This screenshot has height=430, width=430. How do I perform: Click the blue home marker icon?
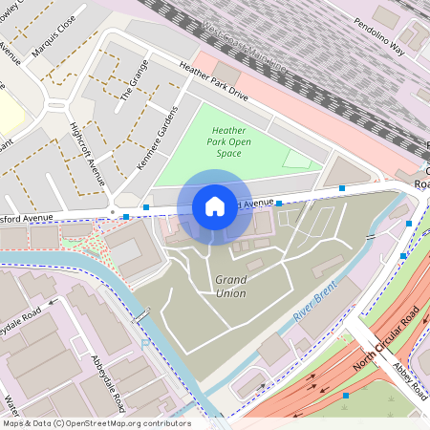click(215, 206)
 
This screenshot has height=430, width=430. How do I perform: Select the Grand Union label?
click(230, 285)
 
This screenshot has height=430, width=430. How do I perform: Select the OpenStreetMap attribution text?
click(97, 423)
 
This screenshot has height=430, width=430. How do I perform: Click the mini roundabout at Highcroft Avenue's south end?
click(112, 211)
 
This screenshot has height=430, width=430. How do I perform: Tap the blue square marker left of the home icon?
click(146, 207)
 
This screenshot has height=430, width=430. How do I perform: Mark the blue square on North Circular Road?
click(346, 395)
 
